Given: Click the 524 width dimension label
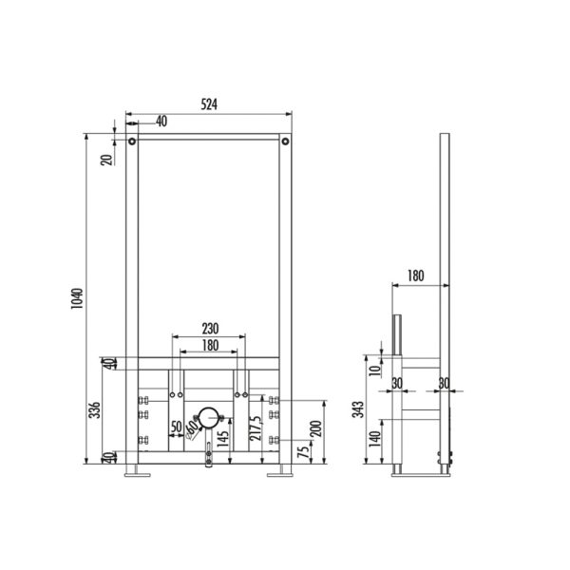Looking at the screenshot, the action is pos(209,104).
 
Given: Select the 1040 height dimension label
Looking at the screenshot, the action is pos(77,298).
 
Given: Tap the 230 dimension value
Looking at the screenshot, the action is pos(210,329).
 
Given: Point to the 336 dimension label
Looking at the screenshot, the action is pos(95,409).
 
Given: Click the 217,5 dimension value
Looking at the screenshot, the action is pos(256,428).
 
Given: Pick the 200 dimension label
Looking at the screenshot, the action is pos(317,428).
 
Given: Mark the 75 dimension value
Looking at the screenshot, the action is pos(303,452).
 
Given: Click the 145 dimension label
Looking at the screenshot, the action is pos(222,438).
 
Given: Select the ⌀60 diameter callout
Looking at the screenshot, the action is pos(192,429).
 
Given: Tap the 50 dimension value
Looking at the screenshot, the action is pos(177,427).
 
